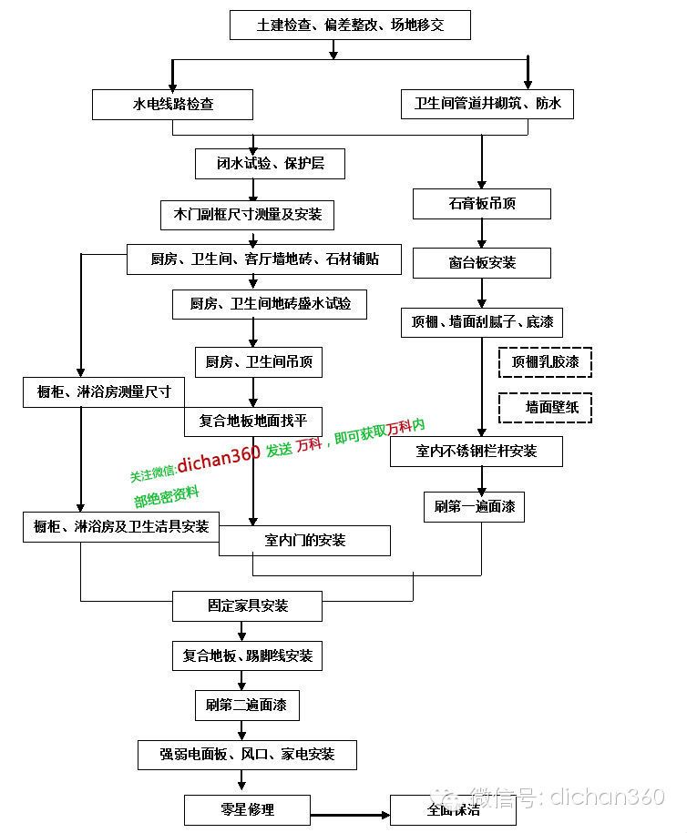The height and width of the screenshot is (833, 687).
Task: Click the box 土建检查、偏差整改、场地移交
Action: click(350, 25)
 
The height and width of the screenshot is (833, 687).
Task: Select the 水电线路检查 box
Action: click(172, 104)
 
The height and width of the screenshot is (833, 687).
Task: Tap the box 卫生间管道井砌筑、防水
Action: click(487, 104)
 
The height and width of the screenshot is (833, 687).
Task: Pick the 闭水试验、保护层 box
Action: click(270, 164)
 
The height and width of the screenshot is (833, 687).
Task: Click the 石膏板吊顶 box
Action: click(482, 203)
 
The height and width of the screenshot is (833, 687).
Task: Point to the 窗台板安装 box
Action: click(482, 263)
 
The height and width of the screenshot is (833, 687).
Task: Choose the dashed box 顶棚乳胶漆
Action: click(545, 362)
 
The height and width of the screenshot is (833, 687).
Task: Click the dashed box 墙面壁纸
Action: click(545, 408)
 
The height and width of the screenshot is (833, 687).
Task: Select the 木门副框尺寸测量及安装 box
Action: click(247, 215)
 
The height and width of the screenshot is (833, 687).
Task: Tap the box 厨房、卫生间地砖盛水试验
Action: click(270, 304)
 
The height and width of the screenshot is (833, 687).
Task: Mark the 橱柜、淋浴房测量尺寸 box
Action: click(104, 392)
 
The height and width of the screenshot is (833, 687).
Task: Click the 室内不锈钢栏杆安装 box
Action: click(477, 452)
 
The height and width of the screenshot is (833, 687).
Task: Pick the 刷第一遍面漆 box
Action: click(475, 507)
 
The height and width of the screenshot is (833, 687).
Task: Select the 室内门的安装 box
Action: click(304, 541)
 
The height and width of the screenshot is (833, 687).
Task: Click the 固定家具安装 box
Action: click(247, 606)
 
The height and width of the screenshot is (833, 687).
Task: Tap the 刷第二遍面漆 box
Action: click(247, 706)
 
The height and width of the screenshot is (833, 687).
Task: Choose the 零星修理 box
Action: click(247, 810)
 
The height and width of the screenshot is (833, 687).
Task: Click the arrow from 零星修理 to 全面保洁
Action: click(351, 815)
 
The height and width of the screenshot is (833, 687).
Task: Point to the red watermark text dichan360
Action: click(218, 458)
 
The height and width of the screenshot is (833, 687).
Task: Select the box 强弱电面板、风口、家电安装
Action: click(247, 755)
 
